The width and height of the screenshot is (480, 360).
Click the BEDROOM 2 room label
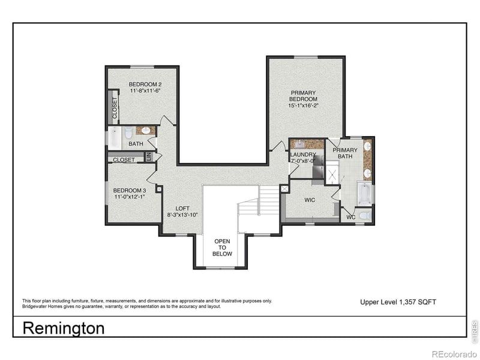(x=145, y=84)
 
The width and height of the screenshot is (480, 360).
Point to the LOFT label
(x=182, y=208)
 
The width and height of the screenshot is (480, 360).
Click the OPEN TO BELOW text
(x=222, y=247)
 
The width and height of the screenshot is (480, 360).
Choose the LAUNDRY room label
(x=303, y=154)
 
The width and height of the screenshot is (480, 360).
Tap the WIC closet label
(x=310, y=200)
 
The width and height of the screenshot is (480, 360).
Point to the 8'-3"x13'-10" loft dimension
(x=182, y=215)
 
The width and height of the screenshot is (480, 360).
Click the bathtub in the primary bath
(x=364, y=194)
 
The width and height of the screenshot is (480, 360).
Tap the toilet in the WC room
(x=365, y=214)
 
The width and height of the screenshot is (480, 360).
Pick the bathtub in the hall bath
(x=115, y=138)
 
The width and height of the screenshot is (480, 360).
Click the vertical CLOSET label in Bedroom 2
(x=114, y=107)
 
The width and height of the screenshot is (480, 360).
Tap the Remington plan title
(x=63, y=328)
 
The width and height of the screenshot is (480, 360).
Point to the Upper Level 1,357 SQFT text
(x=398, y=301)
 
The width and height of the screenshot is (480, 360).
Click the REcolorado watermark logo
(x=454, y=353)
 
